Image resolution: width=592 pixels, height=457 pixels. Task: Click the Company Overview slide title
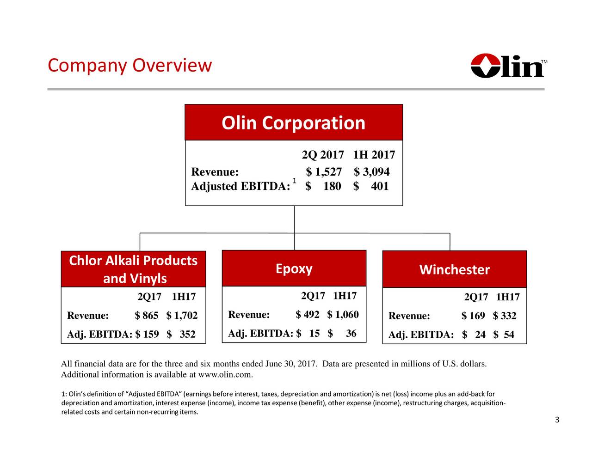pos(129,66)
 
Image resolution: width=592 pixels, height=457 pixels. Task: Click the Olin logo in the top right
pos(508,66)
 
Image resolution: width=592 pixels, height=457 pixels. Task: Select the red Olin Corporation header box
pos(294,122)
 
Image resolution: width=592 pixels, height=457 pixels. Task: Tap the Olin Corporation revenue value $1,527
pos(324,172)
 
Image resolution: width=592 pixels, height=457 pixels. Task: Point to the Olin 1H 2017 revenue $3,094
pos(372,172)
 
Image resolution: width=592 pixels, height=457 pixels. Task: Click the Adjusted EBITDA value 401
pos(379,186)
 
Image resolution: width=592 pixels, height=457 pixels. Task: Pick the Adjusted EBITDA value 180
pos(332,186)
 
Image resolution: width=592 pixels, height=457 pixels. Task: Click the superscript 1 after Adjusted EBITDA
pos(294,180)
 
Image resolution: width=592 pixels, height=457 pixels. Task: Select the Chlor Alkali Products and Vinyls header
pos(133,269)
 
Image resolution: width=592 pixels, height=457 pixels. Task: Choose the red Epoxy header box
pos(294,268)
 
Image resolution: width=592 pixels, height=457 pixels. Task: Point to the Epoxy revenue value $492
pos(308,315)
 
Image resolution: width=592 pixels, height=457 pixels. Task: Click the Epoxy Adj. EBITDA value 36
pos(351,334)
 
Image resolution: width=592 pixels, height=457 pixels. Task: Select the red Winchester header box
pos(454,269)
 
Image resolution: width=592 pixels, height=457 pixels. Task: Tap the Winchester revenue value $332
pos(505,316)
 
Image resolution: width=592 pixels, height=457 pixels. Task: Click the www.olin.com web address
pos(228,374)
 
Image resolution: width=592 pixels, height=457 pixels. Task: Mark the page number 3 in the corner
pos(557,420)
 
